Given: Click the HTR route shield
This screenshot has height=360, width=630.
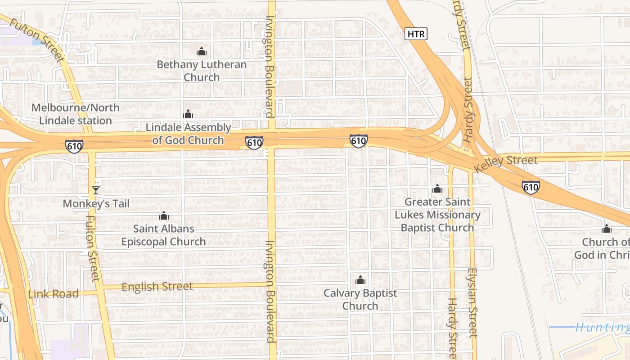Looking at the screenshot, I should coord(415,34).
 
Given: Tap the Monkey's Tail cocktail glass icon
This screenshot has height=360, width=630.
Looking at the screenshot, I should coord(95,190).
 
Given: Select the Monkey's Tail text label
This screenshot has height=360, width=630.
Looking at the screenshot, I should coord(96,204).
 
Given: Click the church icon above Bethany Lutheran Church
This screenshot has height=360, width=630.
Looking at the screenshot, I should coord(202,51).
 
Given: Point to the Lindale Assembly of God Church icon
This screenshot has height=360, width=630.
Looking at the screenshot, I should coord(188,114).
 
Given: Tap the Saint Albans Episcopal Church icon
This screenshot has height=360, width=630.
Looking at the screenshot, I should coord(164,216).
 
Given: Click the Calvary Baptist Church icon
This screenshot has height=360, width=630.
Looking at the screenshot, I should coord(360,280).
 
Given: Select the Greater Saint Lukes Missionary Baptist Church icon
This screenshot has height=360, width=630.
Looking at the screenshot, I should coord(437,189).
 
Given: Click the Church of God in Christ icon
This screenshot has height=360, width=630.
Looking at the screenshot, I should coord(607,229).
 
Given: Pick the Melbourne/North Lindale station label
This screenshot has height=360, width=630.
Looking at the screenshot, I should coord(75,114).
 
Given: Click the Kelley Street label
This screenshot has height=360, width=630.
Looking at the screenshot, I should coord(506,163).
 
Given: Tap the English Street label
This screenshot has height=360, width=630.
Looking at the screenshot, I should coord(157,287).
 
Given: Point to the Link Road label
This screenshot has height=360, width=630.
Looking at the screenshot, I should coord(53,294).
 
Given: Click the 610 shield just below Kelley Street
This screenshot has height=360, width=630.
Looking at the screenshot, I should coord(531,187).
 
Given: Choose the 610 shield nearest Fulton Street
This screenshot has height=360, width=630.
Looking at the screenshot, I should coord(74,146).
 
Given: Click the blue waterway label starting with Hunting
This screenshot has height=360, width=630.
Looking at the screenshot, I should coord(602,327).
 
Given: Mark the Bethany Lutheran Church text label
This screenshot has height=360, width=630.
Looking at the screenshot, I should coord(202,71).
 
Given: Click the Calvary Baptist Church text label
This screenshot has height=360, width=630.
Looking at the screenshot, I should coord(360,300).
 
